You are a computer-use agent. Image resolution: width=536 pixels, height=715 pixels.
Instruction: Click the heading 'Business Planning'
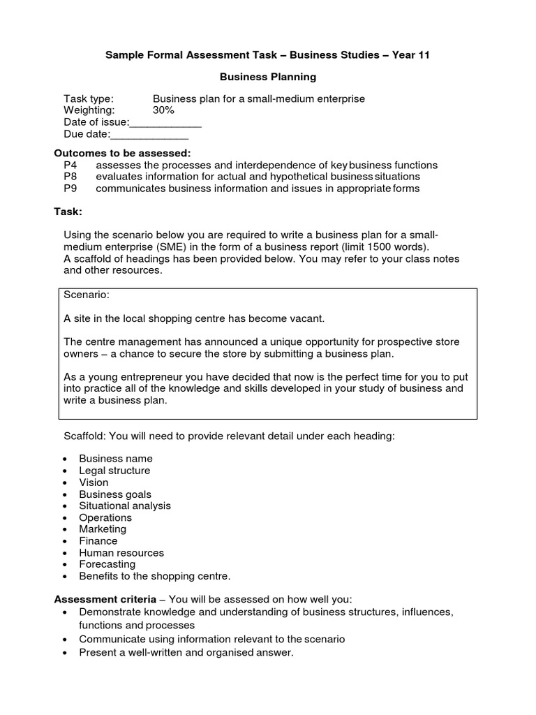coord(268,77)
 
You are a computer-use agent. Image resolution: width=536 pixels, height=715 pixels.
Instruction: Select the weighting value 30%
coord(163,110)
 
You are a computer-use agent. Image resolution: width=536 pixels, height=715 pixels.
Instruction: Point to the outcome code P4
coord(70,165)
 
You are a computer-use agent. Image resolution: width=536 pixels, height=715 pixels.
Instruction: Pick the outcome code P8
coord(70,177)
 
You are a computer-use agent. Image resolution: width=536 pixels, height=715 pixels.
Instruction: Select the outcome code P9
coord(70,189)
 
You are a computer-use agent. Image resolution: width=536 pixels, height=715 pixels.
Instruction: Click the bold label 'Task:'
coord(68,211)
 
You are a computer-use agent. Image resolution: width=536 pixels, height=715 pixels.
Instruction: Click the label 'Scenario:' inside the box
coord(87,295)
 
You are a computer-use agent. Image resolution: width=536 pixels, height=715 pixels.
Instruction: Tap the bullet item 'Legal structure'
coord(114,471)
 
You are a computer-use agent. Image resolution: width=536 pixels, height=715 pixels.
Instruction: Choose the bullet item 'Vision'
coord(94,482)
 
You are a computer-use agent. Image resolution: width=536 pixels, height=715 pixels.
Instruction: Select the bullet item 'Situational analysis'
coord(125,506)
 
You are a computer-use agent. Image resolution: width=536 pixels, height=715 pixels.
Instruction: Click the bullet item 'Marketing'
coord(103,529)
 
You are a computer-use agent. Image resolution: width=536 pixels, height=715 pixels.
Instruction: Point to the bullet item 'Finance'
coord(98,541)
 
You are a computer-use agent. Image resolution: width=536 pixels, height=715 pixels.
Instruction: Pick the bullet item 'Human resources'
coord(121,553)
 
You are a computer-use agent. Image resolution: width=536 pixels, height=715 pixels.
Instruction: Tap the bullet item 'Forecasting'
coord(107,564)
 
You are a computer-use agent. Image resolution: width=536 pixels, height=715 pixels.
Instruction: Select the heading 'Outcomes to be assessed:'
coord(122,154)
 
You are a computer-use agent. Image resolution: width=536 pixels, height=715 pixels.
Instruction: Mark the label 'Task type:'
coord(89,99)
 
